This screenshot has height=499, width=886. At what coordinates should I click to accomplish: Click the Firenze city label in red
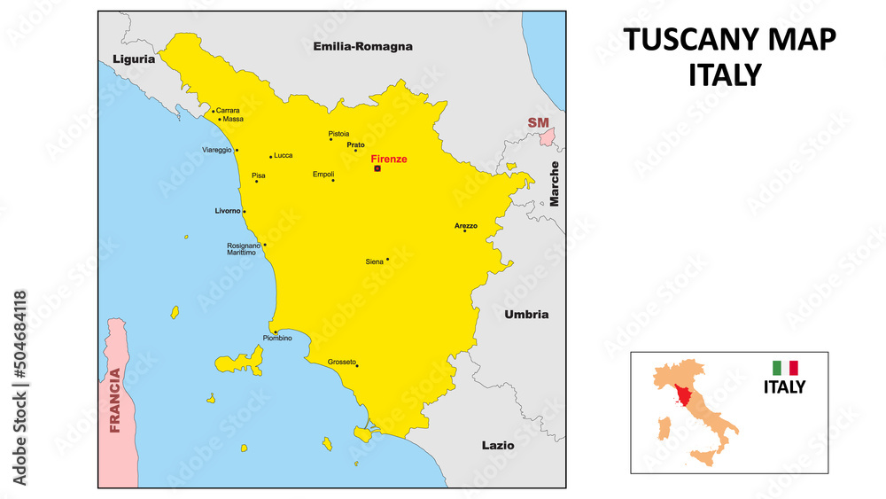click(389, 159)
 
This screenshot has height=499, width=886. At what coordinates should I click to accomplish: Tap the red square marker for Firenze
click(377, 168)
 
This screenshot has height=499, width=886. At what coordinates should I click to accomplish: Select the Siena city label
click(375, 261)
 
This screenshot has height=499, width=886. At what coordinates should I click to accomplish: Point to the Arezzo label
click(466, 226)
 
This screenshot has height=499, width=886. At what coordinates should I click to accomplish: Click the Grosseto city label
click(341, 362)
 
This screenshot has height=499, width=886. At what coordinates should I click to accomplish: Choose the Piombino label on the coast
click(277, 338)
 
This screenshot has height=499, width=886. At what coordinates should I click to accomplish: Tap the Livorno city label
click(227, 211)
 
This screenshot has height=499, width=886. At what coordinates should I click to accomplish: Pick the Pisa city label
click(259, 175)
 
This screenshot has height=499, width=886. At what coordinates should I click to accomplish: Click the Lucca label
click(284, 155)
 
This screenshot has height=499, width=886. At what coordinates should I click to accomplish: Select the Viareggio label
click(217, 150)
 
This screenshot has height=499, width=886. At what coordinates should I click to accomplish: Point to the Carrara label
click(228, 111)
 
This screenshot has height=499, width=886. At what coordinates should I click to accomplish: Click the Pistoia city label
click(338, 134)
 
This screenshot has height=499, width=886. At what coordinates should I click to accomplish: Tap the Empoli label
click(323, 175)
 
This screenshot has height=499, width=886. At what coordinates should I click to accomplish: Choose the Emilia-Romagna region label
click(363, 46)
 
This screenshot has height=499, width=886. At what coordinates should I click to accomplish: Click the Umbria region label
click(526, 315)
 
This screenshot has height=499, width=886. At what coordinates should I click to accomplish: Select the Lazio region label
click(497, 445)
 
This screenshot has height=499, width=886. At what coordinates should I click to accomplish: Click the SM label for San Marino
click(538, 122)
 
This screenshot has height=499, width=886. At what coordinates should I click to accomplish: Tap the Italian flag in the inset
click(785, 367)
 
